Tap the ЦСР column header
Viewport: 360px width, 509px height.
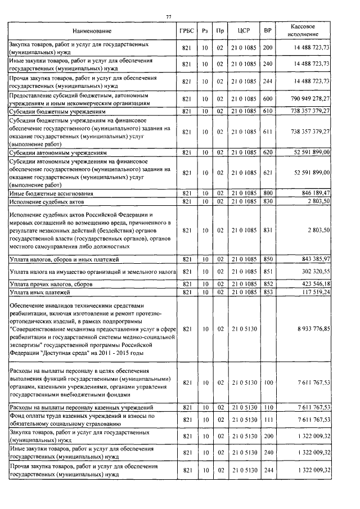243,30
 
